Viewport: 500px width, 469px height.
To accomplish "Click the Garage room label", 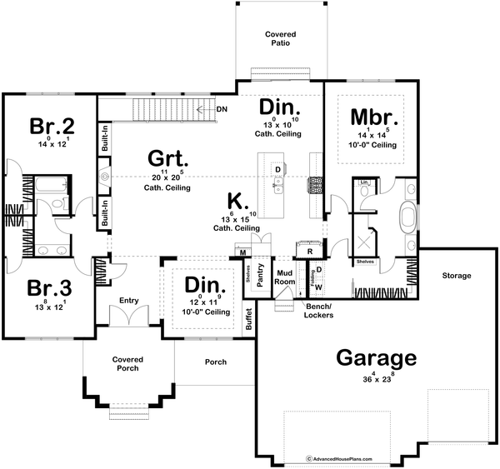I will [377, 357].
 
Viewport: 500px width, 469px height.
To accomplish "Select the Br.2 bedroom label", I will [52, 126].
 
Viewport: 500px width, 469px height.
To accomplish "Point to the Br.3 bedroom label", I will [49, 289].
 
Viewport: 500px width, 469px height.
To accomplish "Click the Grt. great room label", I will [167, 157].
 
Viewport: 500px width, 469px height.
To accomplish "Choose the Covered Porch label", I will [128, 363].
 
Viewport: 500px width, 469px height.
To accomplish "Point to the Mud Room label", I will [286, 277].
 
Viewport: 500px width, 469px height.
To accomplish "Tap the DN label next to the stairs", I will [221, 109].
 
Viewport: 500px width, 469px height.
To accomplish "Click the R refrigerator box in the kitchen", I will [309, 250].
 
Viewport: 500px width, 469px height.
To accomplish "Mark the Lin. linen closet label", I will [364, 182].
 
